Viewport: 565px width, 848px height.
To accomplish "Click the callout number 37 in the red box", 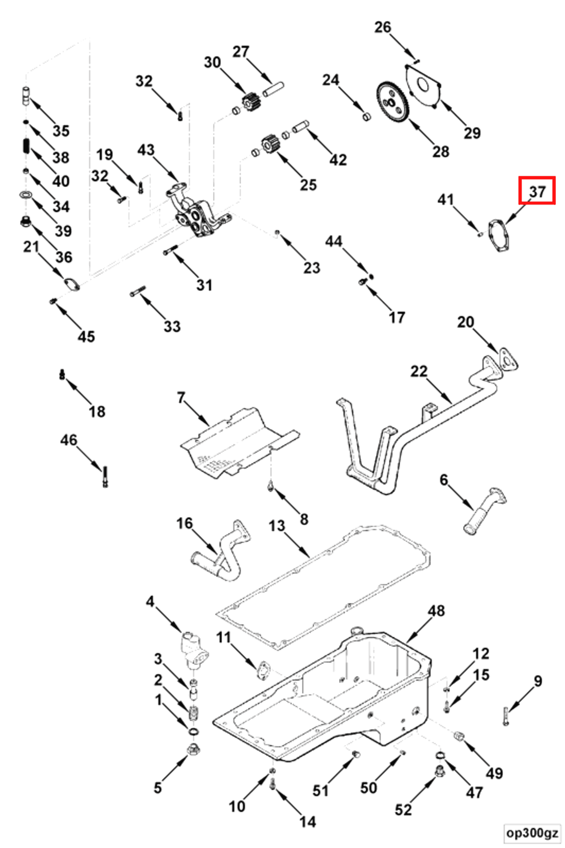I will click(x=537, y=192).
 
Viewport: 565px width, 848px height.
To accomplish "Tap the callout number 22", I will click(x=418, y=372).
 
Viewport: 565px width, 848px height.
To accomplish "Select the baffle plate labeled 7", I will click(x=238, y=443).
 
